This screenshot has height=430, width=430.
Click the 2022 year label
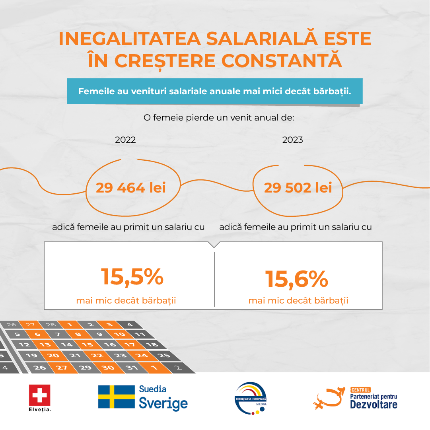[125, 140]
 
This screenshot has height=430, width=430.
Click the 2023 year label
[292, 140]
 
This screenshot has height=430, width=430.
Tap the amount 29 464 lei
[130, 188]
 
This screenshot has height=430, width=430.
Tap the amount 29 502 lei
[298, 188]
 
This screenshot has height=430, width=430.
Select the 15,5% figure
[132, 277]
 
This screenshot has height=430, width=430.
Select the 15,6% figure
[296, 278]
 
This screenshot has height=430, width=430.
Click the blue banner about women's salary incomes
[214, 91]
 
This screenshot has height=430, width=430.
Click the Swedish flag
[116, 396]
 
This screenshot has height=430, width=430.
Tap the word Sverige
[163, 403]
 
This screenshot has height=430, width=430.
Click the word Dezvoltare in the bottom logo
[374, 405]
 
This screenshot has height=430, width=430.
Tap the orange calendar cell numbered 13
[45, 344]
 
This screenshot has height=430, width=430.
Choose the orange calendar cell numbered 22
[97, 356]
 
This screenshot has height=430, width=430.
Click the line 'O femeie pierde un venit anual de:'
[218, 118]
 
